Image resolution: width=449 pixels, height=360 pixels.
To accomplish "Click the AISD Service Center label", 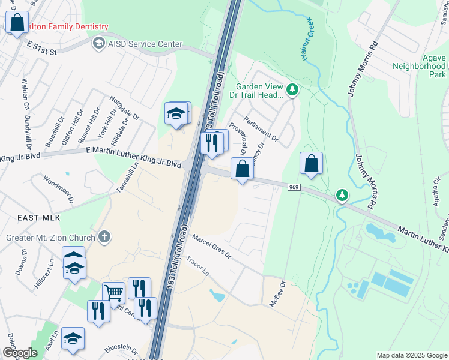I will point(144,44).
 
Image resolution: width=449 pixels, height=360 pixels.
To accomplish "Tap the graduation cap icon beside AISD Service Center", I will point(98,43).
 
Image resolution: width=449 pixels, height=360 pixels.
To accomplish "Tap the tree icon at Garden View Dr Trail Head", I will point(292,90).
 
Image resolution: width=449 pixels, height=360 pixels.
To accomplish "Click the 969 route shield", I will point(292,187).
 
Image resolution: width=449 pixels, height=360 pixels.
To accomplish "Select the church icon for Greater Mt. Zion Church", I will point(105,235).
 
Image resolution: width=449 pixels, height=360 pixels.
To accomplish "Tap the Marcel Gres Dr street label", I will point(211,247).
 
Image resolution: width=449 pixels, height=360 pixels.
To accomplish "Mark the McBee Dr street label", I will point(276,293).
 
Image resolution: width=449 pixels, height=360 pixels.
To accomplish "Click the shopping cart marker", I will point(113,292).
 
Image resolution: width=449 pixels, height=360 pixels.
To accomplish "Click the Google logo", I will point(20,352).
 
